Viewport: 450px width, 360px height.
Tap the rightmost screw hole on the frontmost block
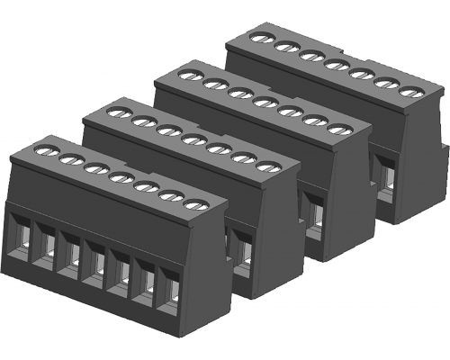pyautogui.click(x=192, y=203)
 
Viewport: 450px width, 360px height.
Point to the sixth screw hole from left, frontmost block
pyautogui.click(x=167, y=195)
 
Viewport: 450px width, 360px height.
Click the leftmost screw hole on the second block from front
pyautogui.click(x=115, y=112)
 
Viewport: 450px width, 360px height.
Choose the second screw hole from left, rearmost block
pyautogui.click(x=285, y=46)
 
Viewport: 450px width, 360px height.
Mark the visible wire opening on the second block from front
pyautogui.click(x=240, y=256)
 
